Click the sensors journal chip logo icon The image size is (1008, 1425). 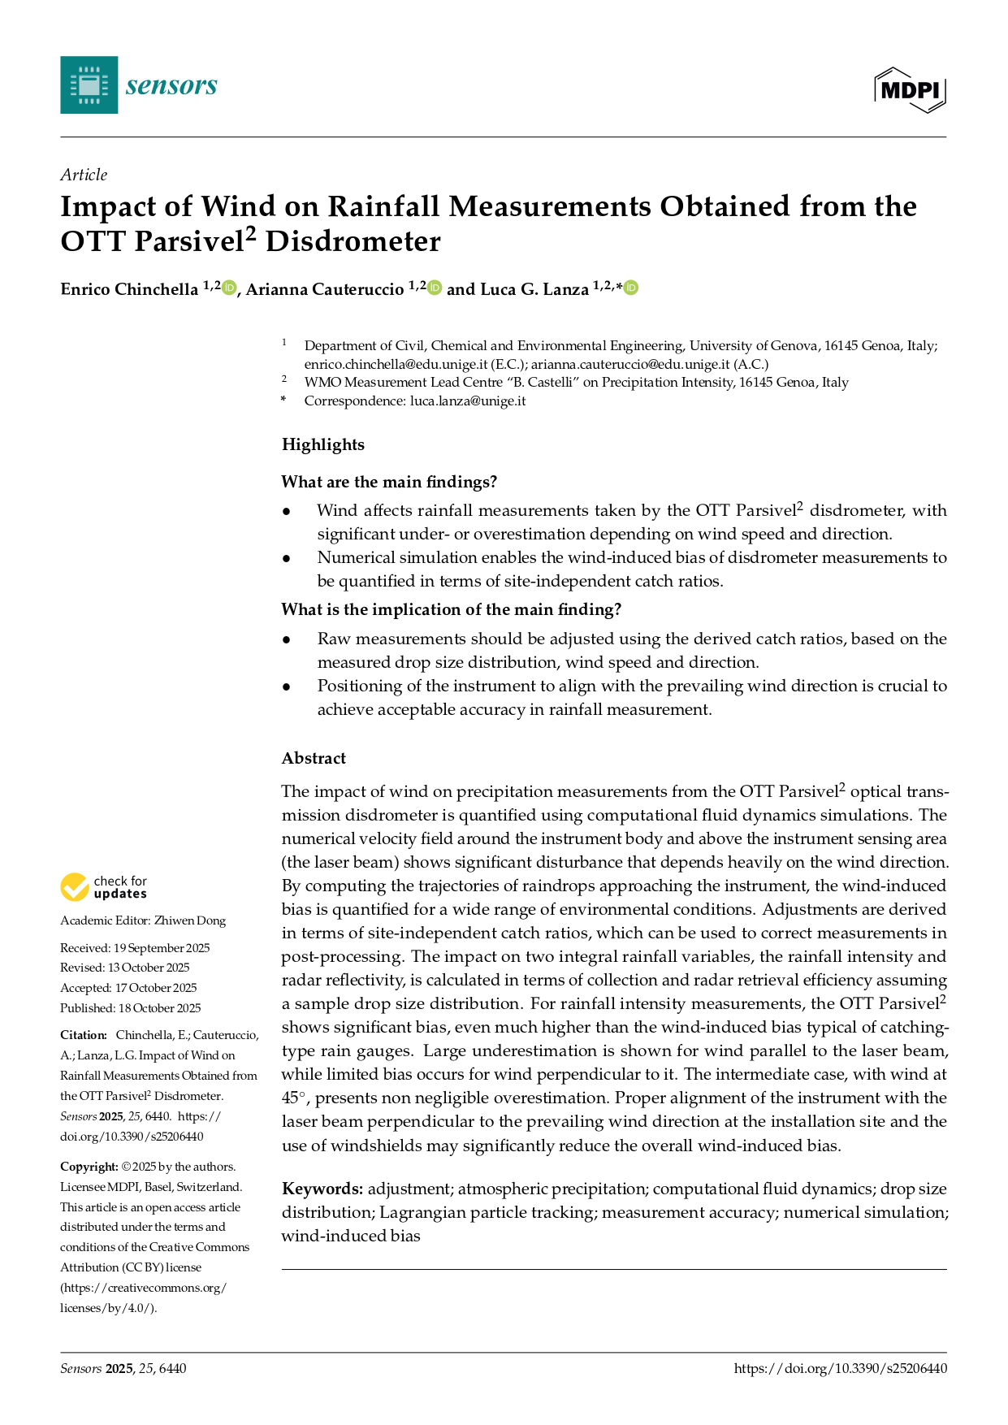click(89, 84)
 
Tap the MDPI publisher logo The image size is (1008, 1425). click(910, 89)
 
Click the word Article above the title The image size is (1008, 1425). click(84, 175)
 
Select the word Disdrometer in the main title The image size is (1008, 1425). click(353, 242)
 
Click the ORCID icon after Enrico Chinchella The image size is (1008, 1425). click(229, 288)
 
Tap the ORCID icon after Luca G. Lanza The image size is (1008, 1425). click(631, 288)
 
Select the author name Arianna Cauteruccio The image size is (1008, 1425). click(325, 289)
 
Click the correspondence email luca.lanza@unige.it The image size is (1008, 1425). click(468, 401)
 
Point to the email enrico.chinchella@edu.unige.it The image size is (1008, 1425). click(396, 364)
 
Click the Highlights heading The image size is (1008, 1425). click(323, 444)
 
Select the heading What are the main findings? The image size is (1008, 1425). click(389, 482)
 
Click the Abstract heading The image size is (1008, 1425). click(314, 758)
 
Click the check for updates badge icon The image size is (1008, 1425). click(75, 887)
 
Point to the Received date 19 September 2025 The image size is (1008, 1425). click(162, 948)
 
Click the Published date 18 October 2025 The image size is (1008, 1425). click(160, 1008)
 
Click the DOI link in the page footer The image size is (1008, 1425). click(840, 1368)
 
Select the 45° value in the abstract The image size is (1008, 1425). click(294, 1098)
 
